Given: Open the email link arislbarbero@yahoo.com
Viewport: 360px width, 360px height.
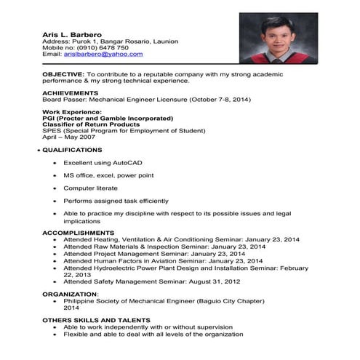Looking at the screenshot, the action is pos(103,54).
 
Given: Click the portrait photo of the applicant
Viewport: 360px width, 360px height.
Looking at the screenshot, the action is pos(279,38).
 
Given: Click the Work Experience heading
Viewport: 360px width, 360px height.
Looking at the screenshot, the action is pos(72,112).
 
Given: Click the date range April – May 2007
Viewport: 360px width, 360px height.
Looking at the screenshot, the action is pos(68,137).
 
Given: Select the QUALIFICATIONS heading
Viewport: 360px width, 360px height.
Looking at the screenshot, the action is pos(72,150).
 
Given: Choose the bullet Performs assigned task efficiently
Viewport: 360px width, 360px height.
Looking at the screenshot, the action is pos(116,201).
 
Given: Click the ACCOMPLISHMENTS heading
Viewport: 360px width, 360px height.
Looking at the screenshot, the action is pos(78,233).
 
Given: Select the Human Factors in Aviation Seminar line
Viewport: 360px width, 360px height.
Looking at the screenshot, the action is pos(162,260).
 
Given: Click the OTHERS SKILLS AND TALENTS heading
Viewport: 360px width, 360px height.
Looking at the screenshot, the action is pos(96,320).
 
